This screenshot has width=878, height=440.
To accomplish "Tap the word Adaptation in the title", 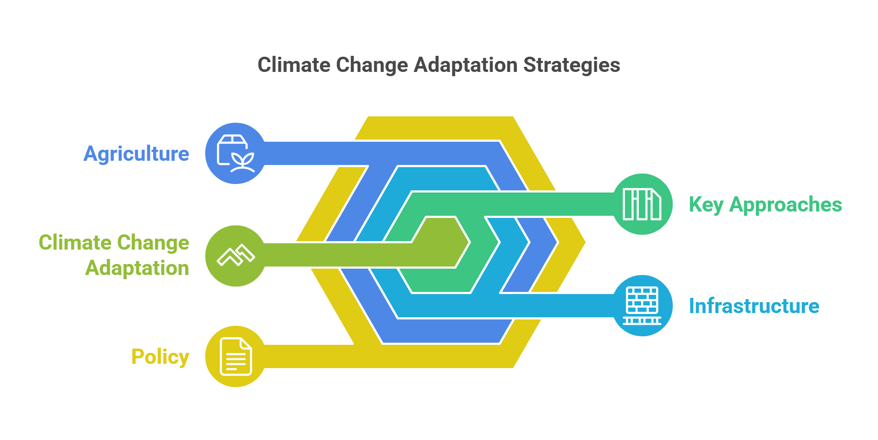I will pos(465,65).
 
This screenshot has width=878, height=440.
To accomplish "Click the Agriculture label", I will pos(136,154).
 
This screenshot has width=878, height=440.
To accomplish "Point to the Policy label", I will pos(160,357).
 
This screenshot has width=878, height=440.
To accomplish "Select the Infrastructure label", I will pos(754,306).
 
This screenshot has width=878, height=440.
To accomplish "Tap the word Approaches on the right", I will pos(786,205).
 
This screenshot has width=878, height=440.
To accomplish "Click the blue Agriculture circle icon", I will pos(236,154).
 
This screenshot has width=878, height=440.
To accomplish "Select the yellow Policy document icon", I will pos(236,356).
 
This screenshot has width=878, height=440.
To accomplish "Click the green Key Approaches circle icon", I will pos(642,204).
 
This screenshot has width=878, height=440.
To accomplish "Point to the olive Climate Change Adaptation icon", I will pos(236,256).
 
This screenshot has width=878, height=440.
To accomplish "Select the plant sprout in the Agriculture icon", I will pos(243,163).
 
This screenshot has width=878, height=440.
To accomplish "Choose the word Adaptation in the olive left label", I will pos(137,268).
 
